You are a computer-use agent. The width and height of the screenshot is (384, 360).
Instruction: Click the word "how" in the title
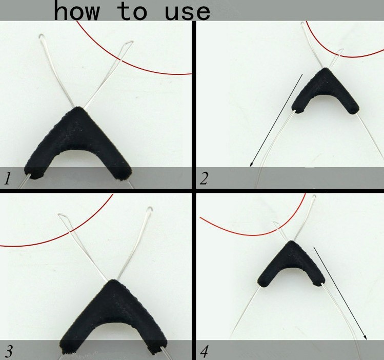(x=77, y=10)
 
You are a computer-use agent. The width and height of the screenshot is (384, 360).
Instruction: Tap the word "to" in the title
(x=132, y=12)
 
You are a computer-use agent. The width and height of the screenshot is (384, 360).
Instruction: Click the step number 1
(x=8, y=178)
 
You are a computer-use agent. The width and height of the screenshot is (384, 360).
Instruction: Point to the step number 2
(x=204, y=178)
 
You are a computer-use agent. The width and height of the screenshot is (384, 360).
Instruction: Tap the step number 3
(x=9, y=351)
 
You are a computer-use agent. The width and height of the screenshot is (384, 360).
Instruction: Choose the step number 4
(x=205, y=351)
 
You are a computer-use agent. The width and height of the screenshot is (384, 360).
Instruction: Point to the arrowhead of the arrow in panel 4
(x=365, y=337)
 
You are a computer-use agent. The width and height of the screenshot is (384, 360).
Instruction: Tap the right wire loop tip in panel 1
(x=131, y=42)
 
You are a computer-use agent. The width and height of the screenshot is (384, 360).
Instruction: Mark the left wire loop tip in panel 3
(x=60, y=215)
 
